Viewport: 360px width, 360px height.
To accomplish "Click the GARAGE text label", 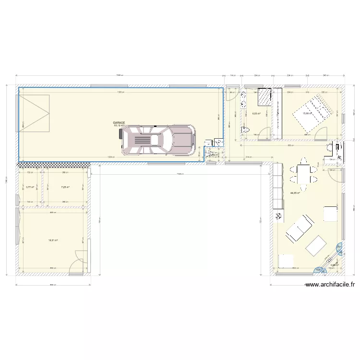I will click(119, 123).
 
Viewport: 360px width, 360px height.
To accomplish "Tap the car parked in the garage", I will click(158, 140).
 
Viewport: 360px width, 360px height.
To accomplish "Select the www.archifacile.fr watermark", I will click(330, 285).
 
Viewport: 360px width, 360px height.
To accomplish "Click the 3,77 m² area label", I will click(30, 187).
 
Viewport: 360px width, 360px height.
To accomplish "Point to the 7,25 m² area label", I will click(65, 187).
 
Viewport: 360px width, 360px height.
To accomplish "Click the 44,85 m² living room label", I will click(295, 193).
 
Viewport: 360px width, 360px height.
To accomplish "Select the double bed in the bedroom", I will click(312, 113).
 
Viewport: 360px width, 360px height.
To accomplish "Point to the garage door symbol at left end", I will click(35, 113).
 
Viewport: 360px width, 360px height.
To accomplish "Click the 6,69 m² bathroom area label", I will click(256, 114).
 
